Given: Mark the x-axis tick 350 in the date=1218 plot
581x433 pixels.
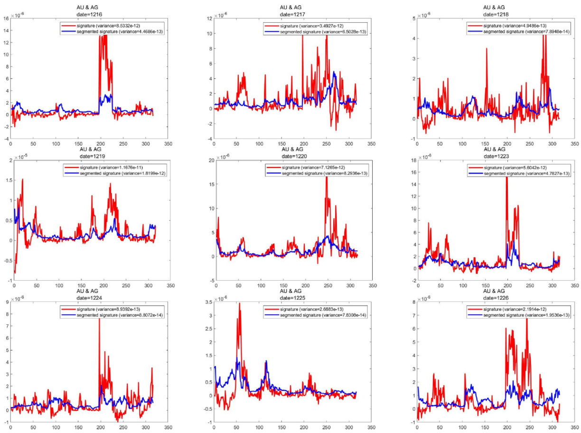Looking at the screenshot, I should [574, 143].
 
